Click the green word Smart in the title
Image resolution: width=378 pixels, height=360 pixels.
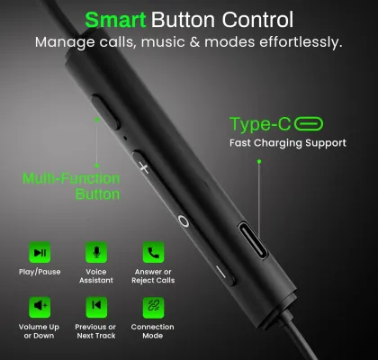click(x=115, y=20)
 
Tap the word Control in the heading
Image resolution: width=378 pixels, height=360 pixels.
click(x=257, y=20)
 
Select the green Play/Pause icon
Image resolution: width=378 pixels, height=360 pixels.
click(x=40, y=252)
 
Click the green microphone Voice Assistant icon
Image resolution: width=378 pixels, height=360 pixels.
click(x=96, y=252)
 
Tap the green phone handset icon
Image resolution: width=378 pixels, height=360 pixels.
click(x=153, y=252)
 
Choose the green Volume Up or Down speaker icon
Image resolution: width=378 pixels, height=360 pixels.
click(x=40, y=307)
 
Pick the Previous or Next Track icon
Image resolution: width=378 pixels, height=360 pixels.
click(x=96, y=307)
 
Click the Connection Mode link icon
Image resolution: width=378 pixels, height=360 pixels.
click(x=153, y=307)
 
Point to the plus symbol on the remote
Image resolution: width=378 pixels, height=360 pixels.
click(x=144, y=167)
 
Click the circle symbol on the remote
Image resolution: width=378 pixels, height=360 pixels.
click(x=184, y=220)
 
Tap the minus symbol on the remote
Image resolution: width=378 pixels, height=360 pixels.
click(x=221, y=272)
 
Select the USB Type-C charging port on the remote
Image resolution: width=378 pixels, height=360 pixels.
click(x=253, y=240)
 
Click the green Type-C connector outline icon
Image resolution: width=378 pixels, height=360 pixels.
click(x=309, y=124)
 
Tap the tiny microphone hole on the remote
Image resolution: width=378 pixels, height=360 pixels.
click(x=125, y=138)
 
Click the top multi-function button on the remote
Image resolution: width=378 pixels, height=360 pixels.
click(x=105, y=112)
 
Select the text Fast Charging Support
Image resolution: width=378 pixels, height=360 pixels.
click(x=288, y=143)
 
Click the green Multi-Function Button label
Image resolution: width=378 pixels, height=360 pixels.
click(x=71, y=186)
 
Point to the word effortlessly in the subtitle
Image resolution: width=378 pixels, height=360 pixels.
click(x=301, y=42)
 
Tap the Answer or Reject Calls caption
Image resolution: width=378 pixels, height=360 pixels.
click(x=153, y=276)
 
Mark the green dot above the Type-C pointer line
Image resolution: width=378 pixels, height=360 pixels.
click(x=259, y=161)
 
